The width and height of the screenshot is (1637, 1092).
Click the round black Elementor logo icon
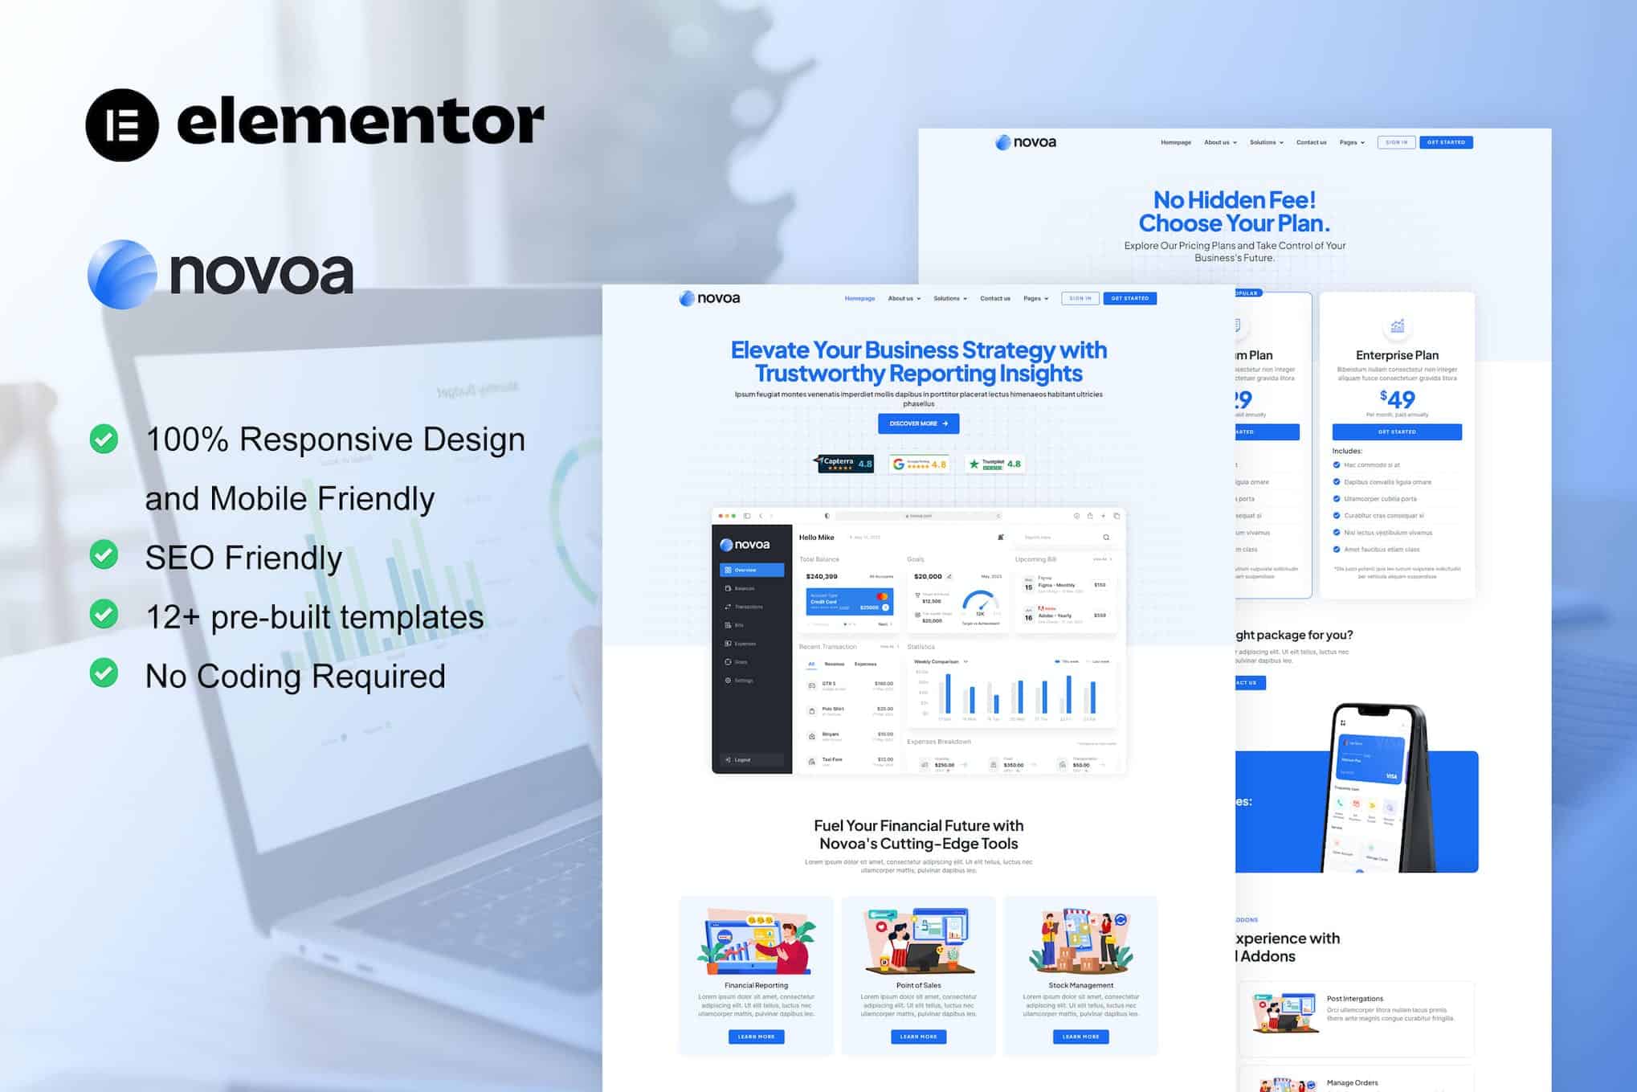(x=122, y=125)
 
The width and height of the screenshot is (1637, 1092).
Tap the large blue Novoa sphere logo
(x=122, y=274)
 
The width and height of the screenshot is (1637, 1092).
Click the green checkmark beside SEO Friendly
(x=104, y=555)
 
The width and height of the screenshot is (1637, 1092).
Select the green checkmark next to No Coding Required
(x=104, y=673)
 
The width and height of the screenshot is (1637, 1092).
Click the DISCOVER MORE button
(x=918, y=423)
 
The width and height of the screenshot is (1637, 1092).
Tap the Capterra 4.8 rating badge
(x=845, y=464)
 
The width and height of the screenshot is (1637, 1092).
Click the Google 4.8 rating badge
(x=919, y=464)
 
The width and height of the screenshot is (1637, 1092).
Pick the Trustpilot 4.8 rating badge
(x=994, y=464)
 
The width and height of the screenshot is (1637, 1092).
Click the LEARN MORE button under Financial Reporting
(x=756, y=1037)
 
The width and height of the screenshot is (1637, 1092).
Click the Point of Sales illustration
(x=918, y=940)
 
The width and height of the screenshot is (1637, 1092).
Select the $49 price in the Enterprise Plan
(x=1398, y=399)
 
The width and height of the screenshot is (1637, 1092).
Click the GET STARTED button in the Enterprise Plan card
(x=1397, y=431)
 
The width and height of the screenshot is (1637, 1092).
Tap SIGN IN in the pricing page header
(x=1396, y=142)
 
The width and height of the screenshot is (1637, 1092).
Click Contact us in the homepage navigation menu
(x=994, y=298)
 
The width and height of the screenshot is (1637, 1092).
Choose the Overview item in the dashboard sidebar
(x=752, y=570)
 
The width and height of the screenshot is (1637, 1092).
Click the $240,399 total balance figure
(x=822, y=576)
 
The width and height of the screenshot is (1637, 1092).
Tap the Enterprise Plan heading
(x=1397, y=355)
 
